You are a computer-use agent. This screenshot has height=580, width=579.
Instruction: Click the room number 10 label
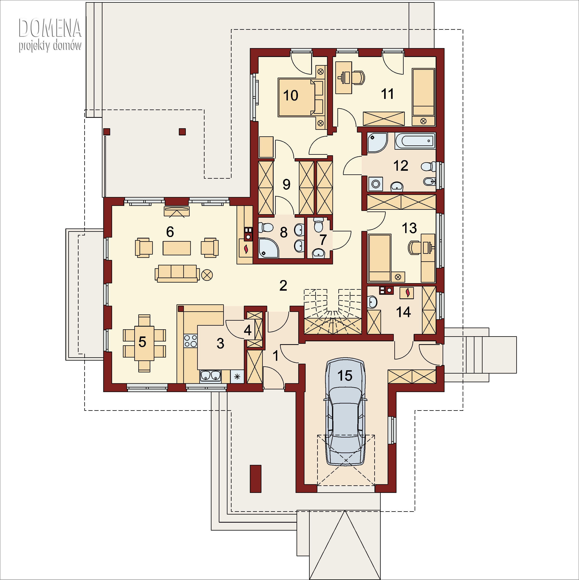(x=291, y=95)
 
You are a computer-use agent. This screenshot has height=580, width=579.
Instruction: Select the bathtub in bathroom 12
(x=415, y=141)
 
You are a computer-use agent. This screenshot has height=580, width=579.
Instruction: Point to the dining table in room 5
(x=144, y=343)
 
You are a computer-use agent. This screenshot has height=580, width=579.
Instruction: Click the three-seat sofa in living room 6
(x=177, y=273)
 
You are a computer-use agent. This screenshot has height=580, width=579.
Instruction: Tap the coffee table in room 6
(x=177, y=248)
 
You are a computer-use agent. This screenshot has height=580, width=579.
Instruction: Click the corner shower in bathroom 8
(x=268, y=248)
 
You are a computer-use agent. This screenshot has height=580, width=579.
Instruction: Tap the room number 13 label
(x=409, y=228)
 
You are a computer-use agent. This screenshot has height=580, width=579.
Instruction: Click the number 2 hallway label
(x=283, y=285)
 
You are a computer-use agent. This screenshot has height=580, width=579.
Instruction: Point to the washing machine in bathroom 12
(x=376, y=184)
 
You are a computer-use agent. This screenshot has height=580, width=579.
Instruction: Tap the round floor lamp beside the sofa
(x=207, y=275)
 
